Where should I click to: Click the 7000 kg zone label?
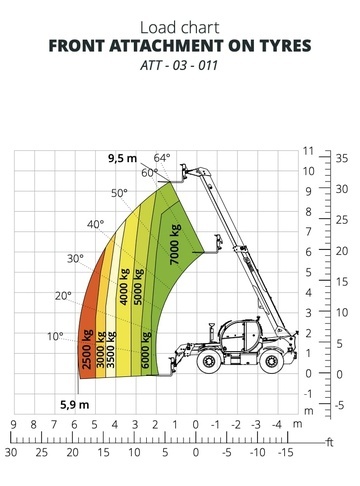175,244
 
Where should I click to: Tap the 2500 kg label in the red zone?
86,349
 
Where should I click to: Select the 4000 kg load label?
124,287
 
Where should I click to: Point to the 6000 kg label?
146,350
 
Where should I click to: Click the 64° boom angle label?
162,158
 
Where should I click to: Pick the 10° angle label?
55,336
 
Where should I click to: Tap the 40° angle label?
96,224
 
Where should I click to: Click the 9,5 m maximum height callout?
122,159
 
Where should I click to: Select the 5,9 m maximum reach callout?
75,405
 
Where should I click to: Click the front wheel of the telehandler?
209,361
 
